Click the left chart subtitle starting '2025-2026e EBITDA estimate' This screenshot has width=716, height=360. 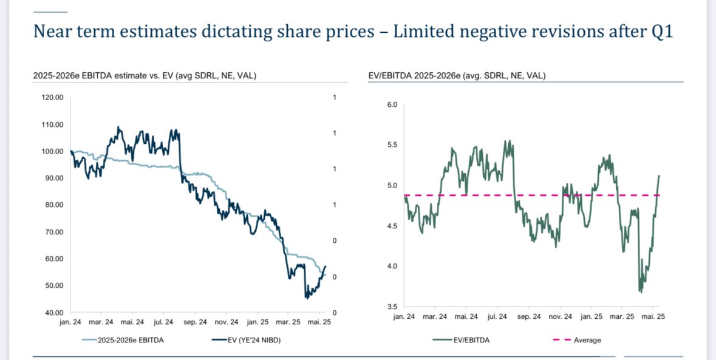(145, 76)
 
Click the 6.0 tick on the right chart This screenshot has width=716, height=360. (391, 105)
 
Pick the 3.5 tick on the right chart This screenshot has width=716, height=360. (391, 307)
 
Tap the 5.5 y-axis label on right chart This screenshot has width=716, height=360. (391, 146)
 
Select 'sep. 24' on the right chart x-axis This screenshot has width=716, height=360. (528, 317)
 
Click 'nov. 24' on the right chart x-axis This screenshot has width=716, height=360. (561, 317)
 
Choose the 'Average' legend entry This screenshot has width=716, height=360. (587, 340)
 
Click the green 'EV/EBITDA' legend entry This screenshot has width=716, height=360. (472, 340)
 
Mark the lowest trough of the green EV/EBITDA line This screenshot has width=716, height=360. (641, 292)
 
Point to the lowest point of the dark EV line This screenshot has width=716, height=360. (307, 298)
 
